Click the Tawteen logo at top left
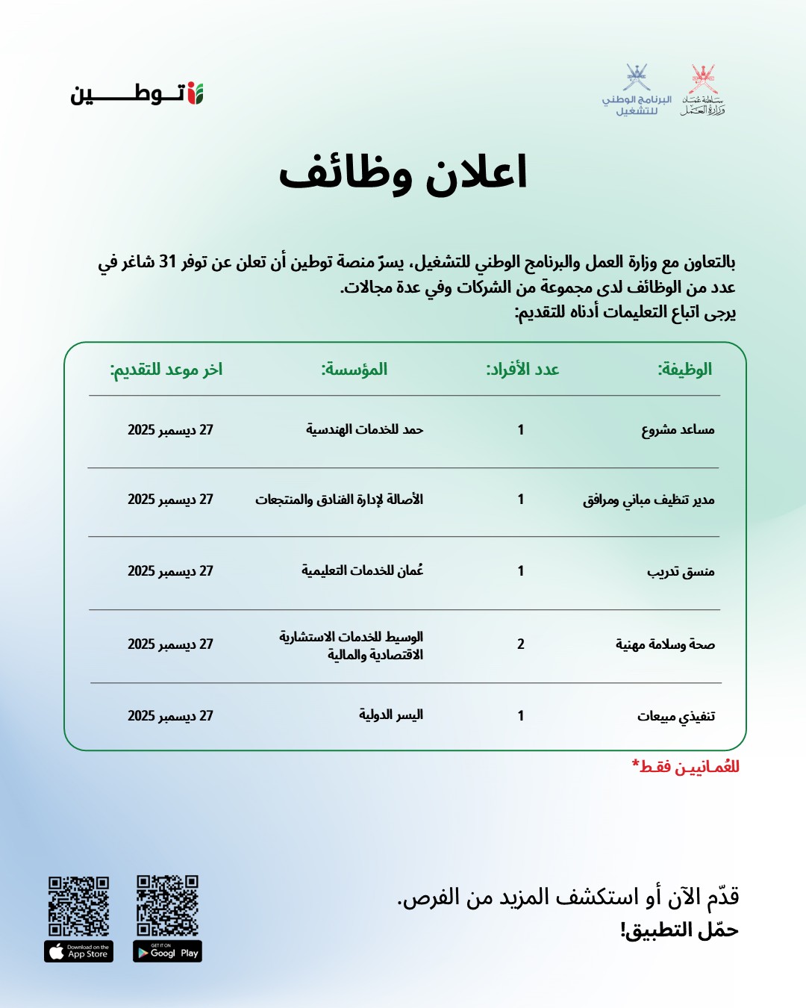click(137, 94)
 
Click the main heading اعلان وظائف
click(403, 174)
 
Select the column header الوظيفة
click(684, 370)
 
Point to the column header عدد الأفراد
click(522, 370)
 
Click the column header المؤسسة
click(354, 370)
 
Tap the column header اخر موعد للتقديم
click(166, 370)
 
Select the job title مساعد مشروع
click(678, 430)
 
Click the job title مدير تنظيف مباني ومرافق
click(649, 500)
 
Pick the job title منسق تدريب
click(681, 572)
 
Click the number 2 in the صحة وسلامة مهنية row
click(521, 644)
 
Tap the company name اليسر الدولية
click(391, 715)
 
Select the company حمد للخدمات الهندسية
click(364, 430)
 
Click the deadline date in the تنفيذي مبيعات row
click(170, 716)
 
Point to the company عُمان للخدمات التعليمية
click(362, 570)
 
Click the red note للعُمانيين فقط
click(686, 767)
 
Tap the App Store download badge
click(78, 952)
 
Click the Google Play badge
click(168, 952)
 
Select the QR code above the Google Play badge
click(168, 905)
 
